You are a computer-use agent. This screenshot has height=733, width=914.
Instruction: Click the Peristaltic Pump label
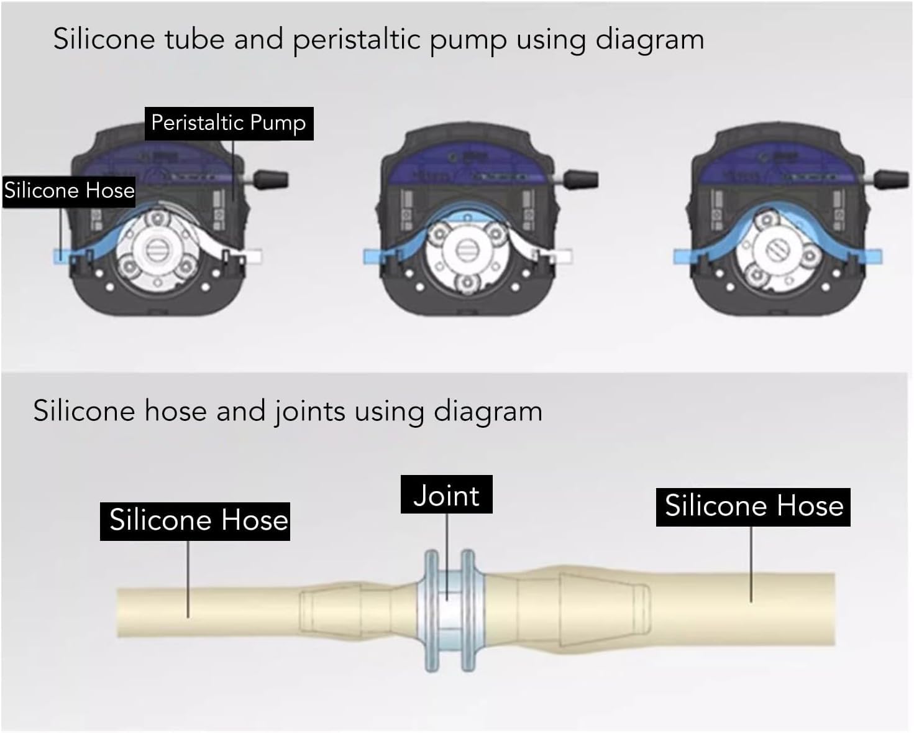tap(229, 123)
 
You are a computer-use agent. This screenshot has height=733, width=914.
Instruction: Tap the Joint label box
tap(446, 494)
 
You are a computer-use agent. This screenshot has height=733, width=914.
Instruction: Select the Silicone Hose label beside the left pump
tap(69, 191)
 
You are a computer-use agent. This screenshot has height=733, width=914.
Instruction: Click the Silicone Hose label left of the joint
tap(195, 522)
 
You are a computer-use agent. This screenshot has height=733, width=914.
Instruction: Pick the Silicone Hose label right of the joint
tap(753, 507)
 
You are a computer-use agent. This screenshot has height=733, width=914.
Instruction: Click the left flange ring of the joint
tap(431, 611)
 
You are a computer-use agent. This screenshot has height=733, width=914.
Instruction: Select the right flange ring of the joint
tap(468, 611)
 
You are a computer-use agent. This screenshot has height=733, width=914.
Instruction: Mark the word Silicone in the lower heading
tap(84, 412)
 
